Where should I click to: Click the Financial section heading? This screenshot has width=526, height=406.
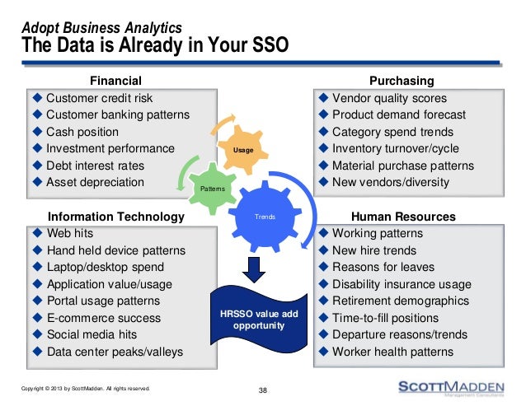click(x=115, y=81)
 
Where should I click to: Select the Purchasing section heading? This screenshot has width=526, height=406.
click(x=402, y=81)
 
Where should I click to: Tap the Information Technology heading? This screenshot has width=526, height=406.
click(x=115, y=217)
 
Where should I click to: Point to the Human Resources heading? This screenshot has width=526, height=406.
click(x=403, y=217)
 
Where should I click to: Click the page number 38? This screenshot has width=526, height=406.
click(x=263, y=390)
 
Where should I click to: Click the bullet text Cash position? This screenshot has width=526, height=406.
click(x=82, y=132)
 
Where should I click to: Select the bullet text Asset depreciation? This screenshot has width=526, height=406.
click(x=95, y=182)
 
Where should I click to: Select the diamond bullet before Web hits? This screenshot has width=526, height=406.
click(x=37, y=233)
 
